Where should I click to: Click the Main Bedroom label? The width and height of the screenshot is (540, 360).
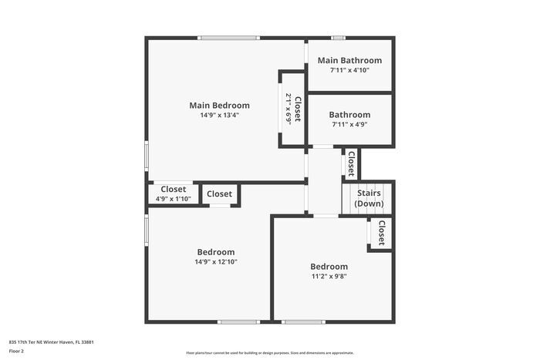point(220,105)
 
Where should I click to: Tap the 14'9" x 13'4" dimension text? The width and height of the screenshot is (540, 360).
point(220,116)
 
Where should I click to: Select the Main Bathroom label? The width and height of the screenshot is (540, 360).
point(349,60)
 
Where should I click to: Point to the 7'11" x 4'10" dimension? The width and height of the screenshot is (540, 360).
point(349,70)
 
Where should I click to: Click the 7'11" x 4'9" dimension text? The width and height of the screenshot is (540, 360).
point(349,124)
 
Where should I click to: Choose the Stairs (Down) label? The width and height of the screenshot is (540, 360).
point(369,199)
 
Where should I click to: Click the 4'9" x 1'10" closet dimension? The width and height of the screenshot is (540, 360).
point(173,199)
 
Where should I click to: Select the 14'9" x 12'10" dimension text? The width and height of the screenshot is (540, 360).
point(216,262)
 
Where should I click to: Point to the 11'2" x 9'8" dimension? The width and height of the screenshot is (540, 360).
point(329,276)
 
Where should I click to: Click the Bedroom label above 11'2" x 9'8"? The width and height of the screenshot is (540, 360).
point(329,267)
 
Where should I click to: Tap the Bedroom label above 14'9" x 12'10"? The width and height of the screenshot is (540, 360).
point(216,252)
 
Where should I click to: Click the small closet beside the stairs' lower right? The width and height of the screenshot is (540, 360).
point(381,232)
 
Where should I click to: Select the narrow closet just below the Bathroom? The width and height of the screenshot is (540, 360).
point(351,163)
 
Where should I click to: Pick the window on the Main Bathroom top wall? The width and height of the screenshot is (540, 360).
point(338,38)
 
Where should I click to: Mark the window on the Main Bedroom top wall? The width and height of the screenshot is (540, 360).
point(228,38)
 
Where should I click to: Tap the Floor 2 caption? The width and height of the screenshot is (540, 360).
point(16,351)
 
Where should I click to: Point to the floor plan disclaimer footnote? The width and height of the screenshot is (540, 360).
point(270,352)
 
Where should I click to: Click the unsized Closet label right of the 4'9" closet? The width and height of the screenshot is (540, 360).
point(220,194)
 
